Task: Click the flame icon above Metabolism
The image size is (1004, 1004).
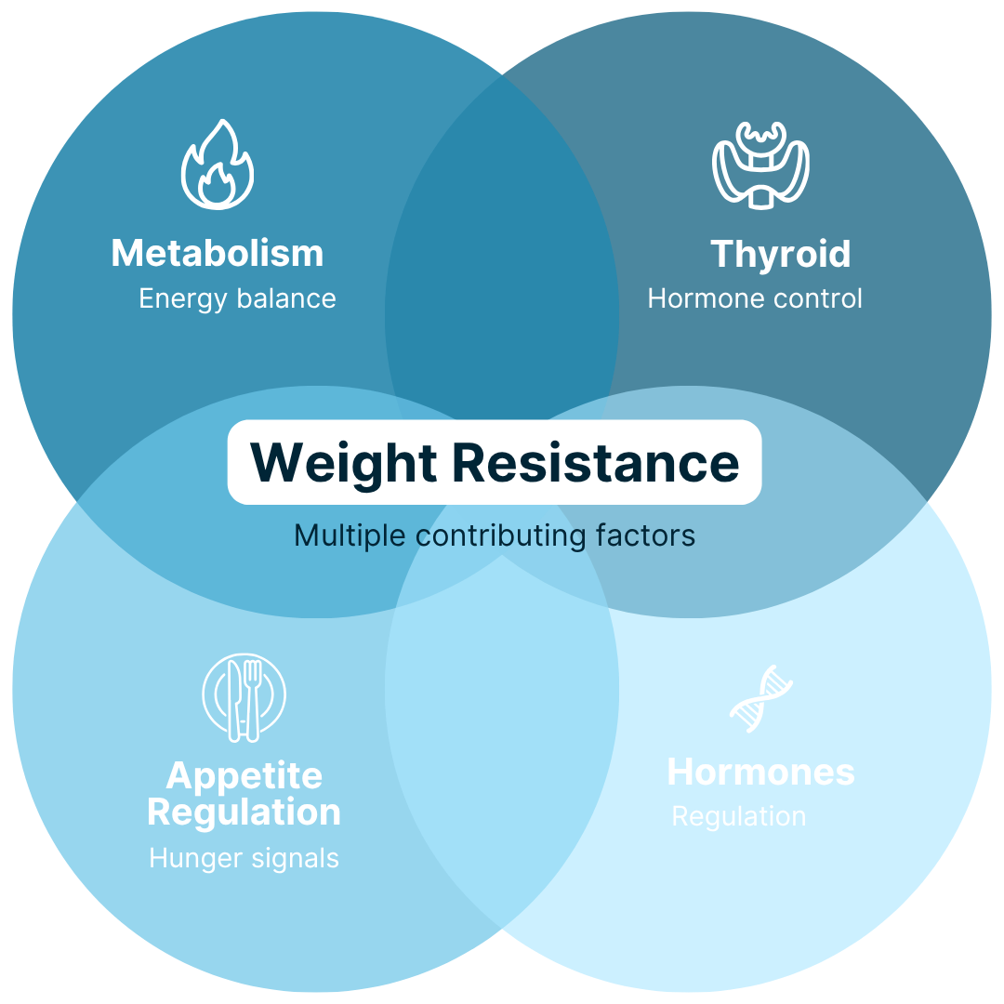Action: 217,165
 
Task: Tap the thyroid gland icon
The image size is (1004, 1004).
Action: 760,165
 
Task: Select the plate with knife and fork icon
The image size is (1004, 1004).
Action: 244,697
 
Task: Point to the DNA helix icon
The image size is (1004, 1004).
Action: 760,698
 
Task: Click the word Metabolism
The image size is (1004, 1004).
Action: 218,253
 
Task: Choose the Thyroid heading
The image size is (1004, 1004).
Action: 781,254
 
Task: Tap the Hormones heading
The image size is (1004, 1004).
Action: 760,772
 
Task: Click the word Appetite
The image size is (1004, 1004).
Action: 244,776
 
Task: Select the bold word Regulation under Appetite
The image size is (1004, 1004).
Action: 244,812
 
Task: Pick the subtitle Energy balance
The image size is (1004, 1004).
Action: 238,298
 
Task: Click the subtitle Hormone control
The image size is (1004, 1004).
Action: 755,298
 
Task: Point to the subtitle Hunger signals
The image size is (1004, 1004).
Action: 244,859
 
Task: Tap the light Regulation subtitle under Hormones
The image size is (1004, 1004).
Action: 739,817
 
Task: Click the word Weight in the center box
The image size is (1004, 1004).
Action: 344,464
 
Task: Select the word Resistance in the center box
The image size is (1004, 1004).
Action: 596,462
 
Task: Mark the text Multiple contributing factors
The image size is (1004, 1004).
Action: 495,536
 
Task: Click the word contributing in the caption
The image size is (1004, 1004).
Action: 501,536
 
